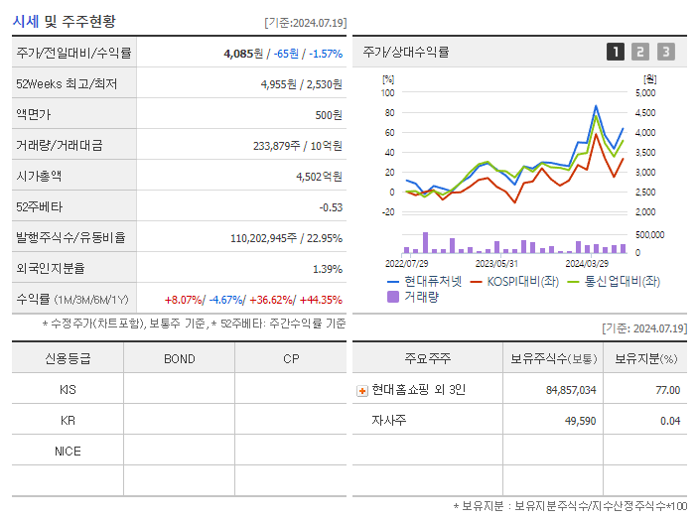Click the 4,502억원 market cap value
click(319, 177)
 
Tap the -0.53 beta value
click(330, 207)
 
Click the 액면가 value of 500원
click(329, 115)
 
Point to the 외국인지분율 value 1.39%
click(327, 269)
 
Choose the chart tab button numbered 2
click(640, 52)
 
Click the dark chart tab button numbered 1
click(616, 52)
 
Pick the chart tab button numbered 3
click(665, 52)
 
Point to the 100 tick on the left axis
click(388, 92)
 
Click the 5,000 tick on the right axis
click(644, 92)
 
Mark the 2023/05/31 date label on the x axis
click(496, 264)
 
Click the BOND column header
click(179, 358)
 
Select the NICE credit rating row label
click(68, 451)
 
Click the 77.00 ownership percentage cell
click(667, 390)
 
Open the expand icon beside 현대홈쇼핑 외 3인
click(362, 390)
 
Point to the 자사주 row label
click(387, 421)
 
